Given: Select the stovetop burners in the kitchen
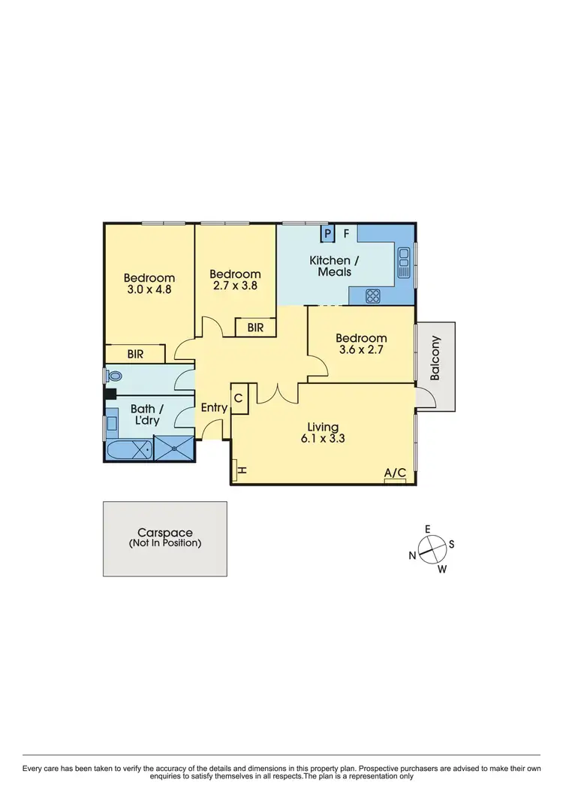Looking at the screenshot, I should click(x=372, y=296).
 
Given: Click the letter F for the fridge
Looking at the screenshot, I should click(x=347, y=234).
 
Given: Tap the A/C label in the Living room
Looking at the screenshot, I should click(x=395, y=473).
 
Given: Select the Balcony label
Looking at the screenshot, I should click(x=436, y=356).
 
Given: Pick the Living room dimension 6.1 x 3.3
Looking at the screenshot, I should click(x=323, y=440).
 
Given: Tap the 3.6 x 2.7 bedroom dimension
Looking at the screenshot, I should click(x=361, y=349).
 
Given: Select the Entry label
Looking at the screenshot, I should click(x=214, y=408).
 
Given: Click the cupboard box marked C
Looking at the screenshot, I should click(x=238, y=399).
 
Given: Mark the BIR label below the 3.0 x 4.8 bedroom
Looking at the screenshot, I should click(x=136, y=353).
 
